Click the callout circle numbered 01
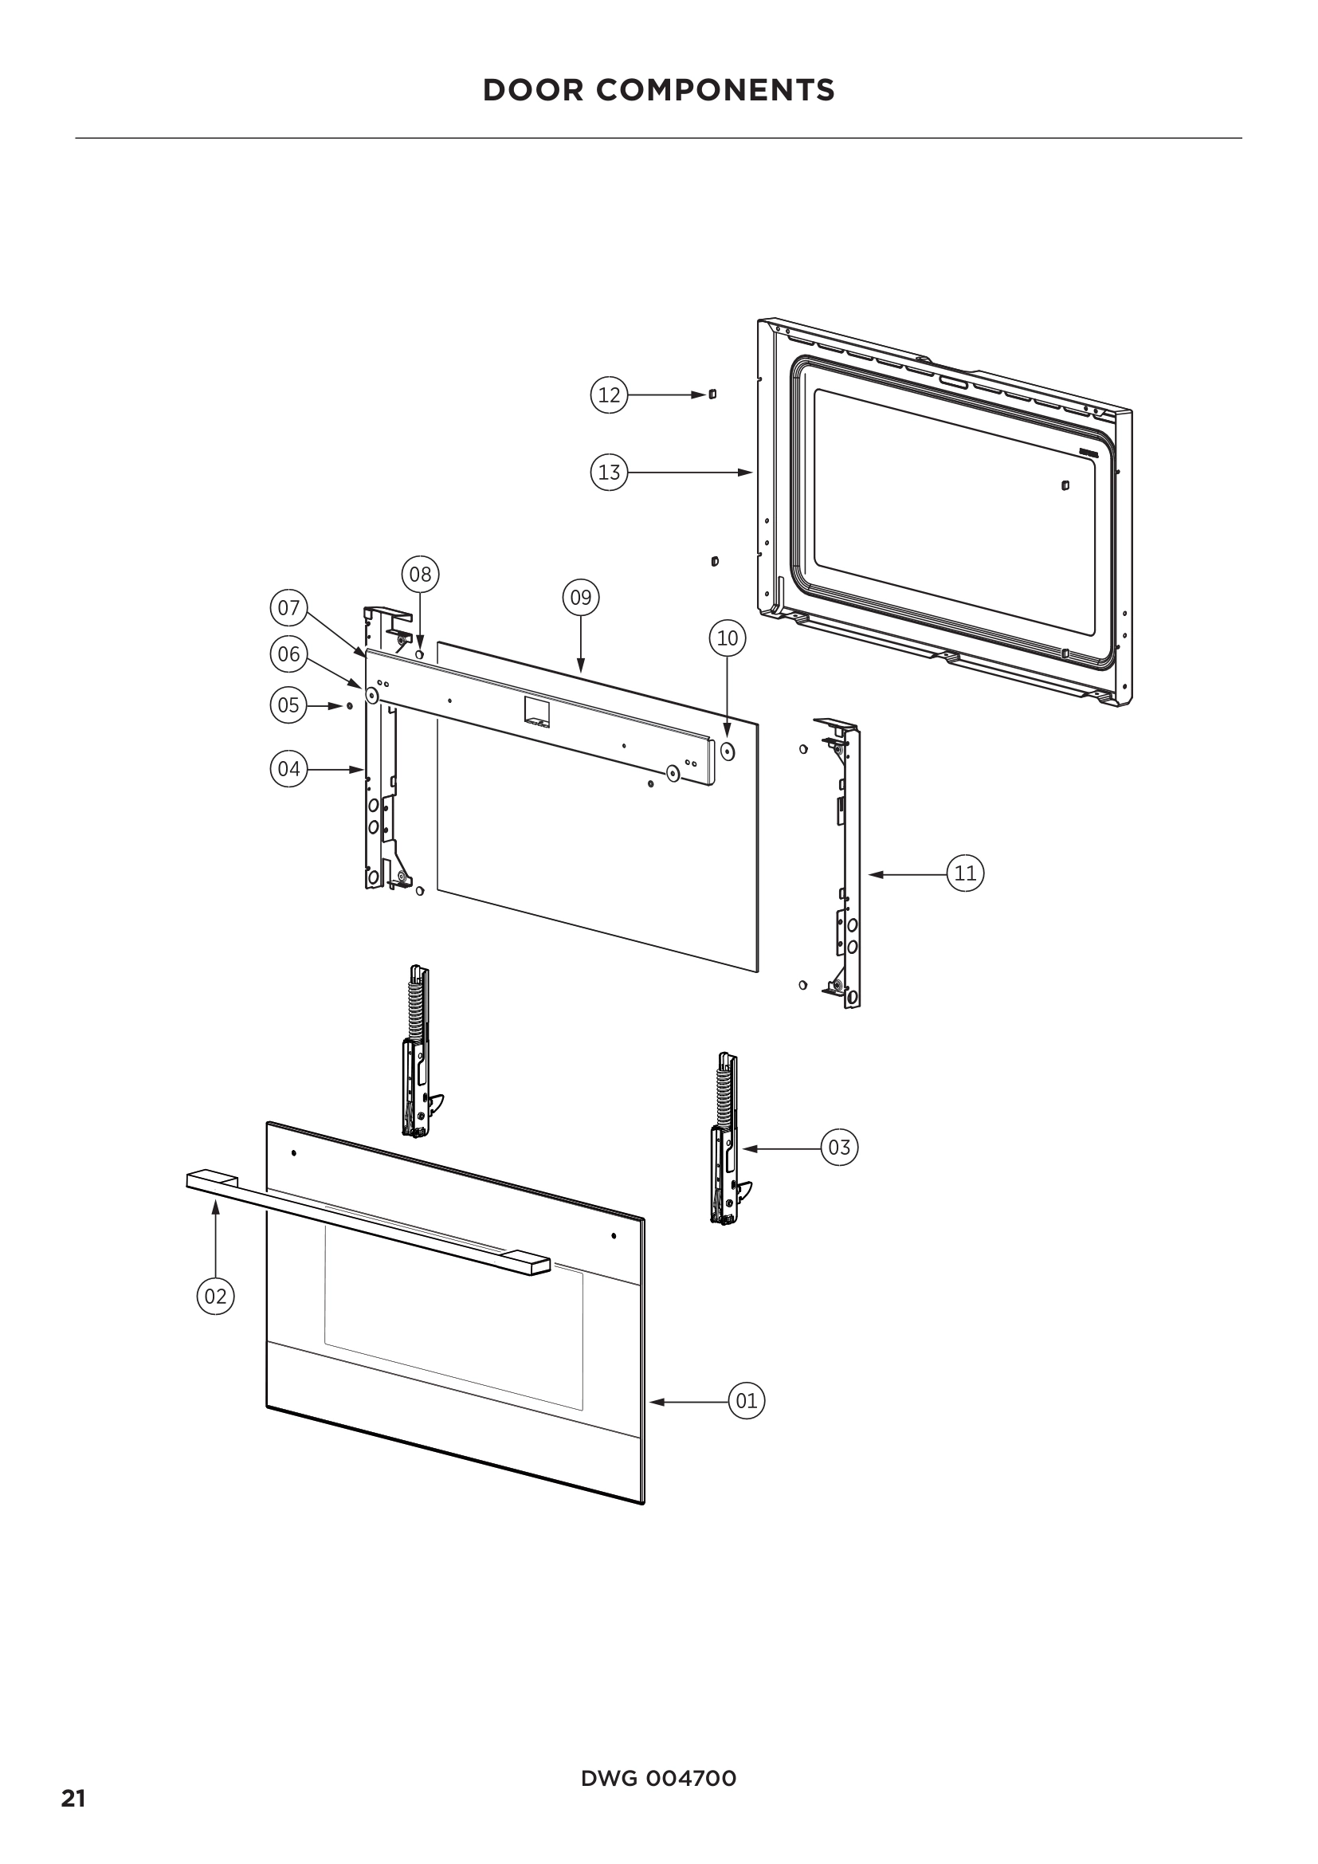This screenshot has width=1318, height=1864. point(746,1400)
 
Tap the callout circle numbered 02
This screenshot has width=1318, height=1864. point(215,1296)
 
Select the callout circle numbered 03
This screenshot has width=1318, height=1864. point(839,1147)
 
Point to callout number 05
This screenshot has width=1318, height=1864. point(289,704)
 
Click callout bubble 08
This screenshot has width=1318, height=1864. point(421,575)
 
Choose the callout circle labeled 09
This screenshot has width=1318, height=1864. point(581,598)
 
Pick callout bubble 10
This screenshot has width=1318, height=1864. point(728,638)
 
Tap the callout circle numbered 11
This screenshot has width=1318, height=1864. point(965,873)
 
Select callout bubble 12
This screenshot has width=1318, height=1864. point(609,395)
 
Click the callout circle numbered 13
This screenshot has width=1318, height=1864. point(609,473)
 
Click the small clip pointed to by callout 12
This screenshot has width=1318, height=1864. point(712,394)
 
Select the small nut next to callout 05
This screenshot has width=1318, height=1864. point(348,705)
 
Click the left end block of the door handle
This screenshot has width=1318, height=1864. point(211,1179)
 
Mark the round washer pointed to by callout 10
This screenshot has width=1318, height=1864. point(728,751)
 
